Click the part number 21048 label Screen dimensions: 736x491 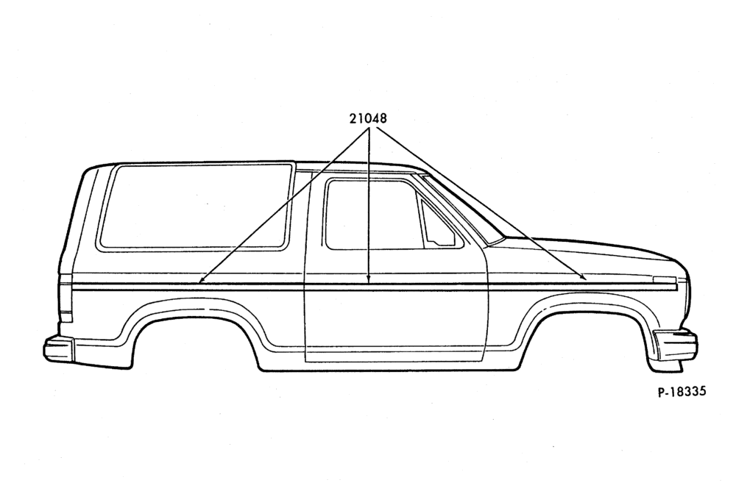point(368,118)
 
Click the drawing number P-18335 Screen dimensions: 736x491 point(681,391)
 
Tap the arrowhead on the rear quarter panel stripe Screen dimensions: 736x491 point(201,281)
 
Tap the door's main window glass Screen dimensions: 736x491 point(371,214)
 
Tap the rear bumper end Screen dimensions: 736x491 point(59,348)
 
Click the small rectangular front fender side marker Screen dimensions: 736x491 point(664,280)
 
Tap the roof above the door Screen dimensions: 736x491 point(361,168)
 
